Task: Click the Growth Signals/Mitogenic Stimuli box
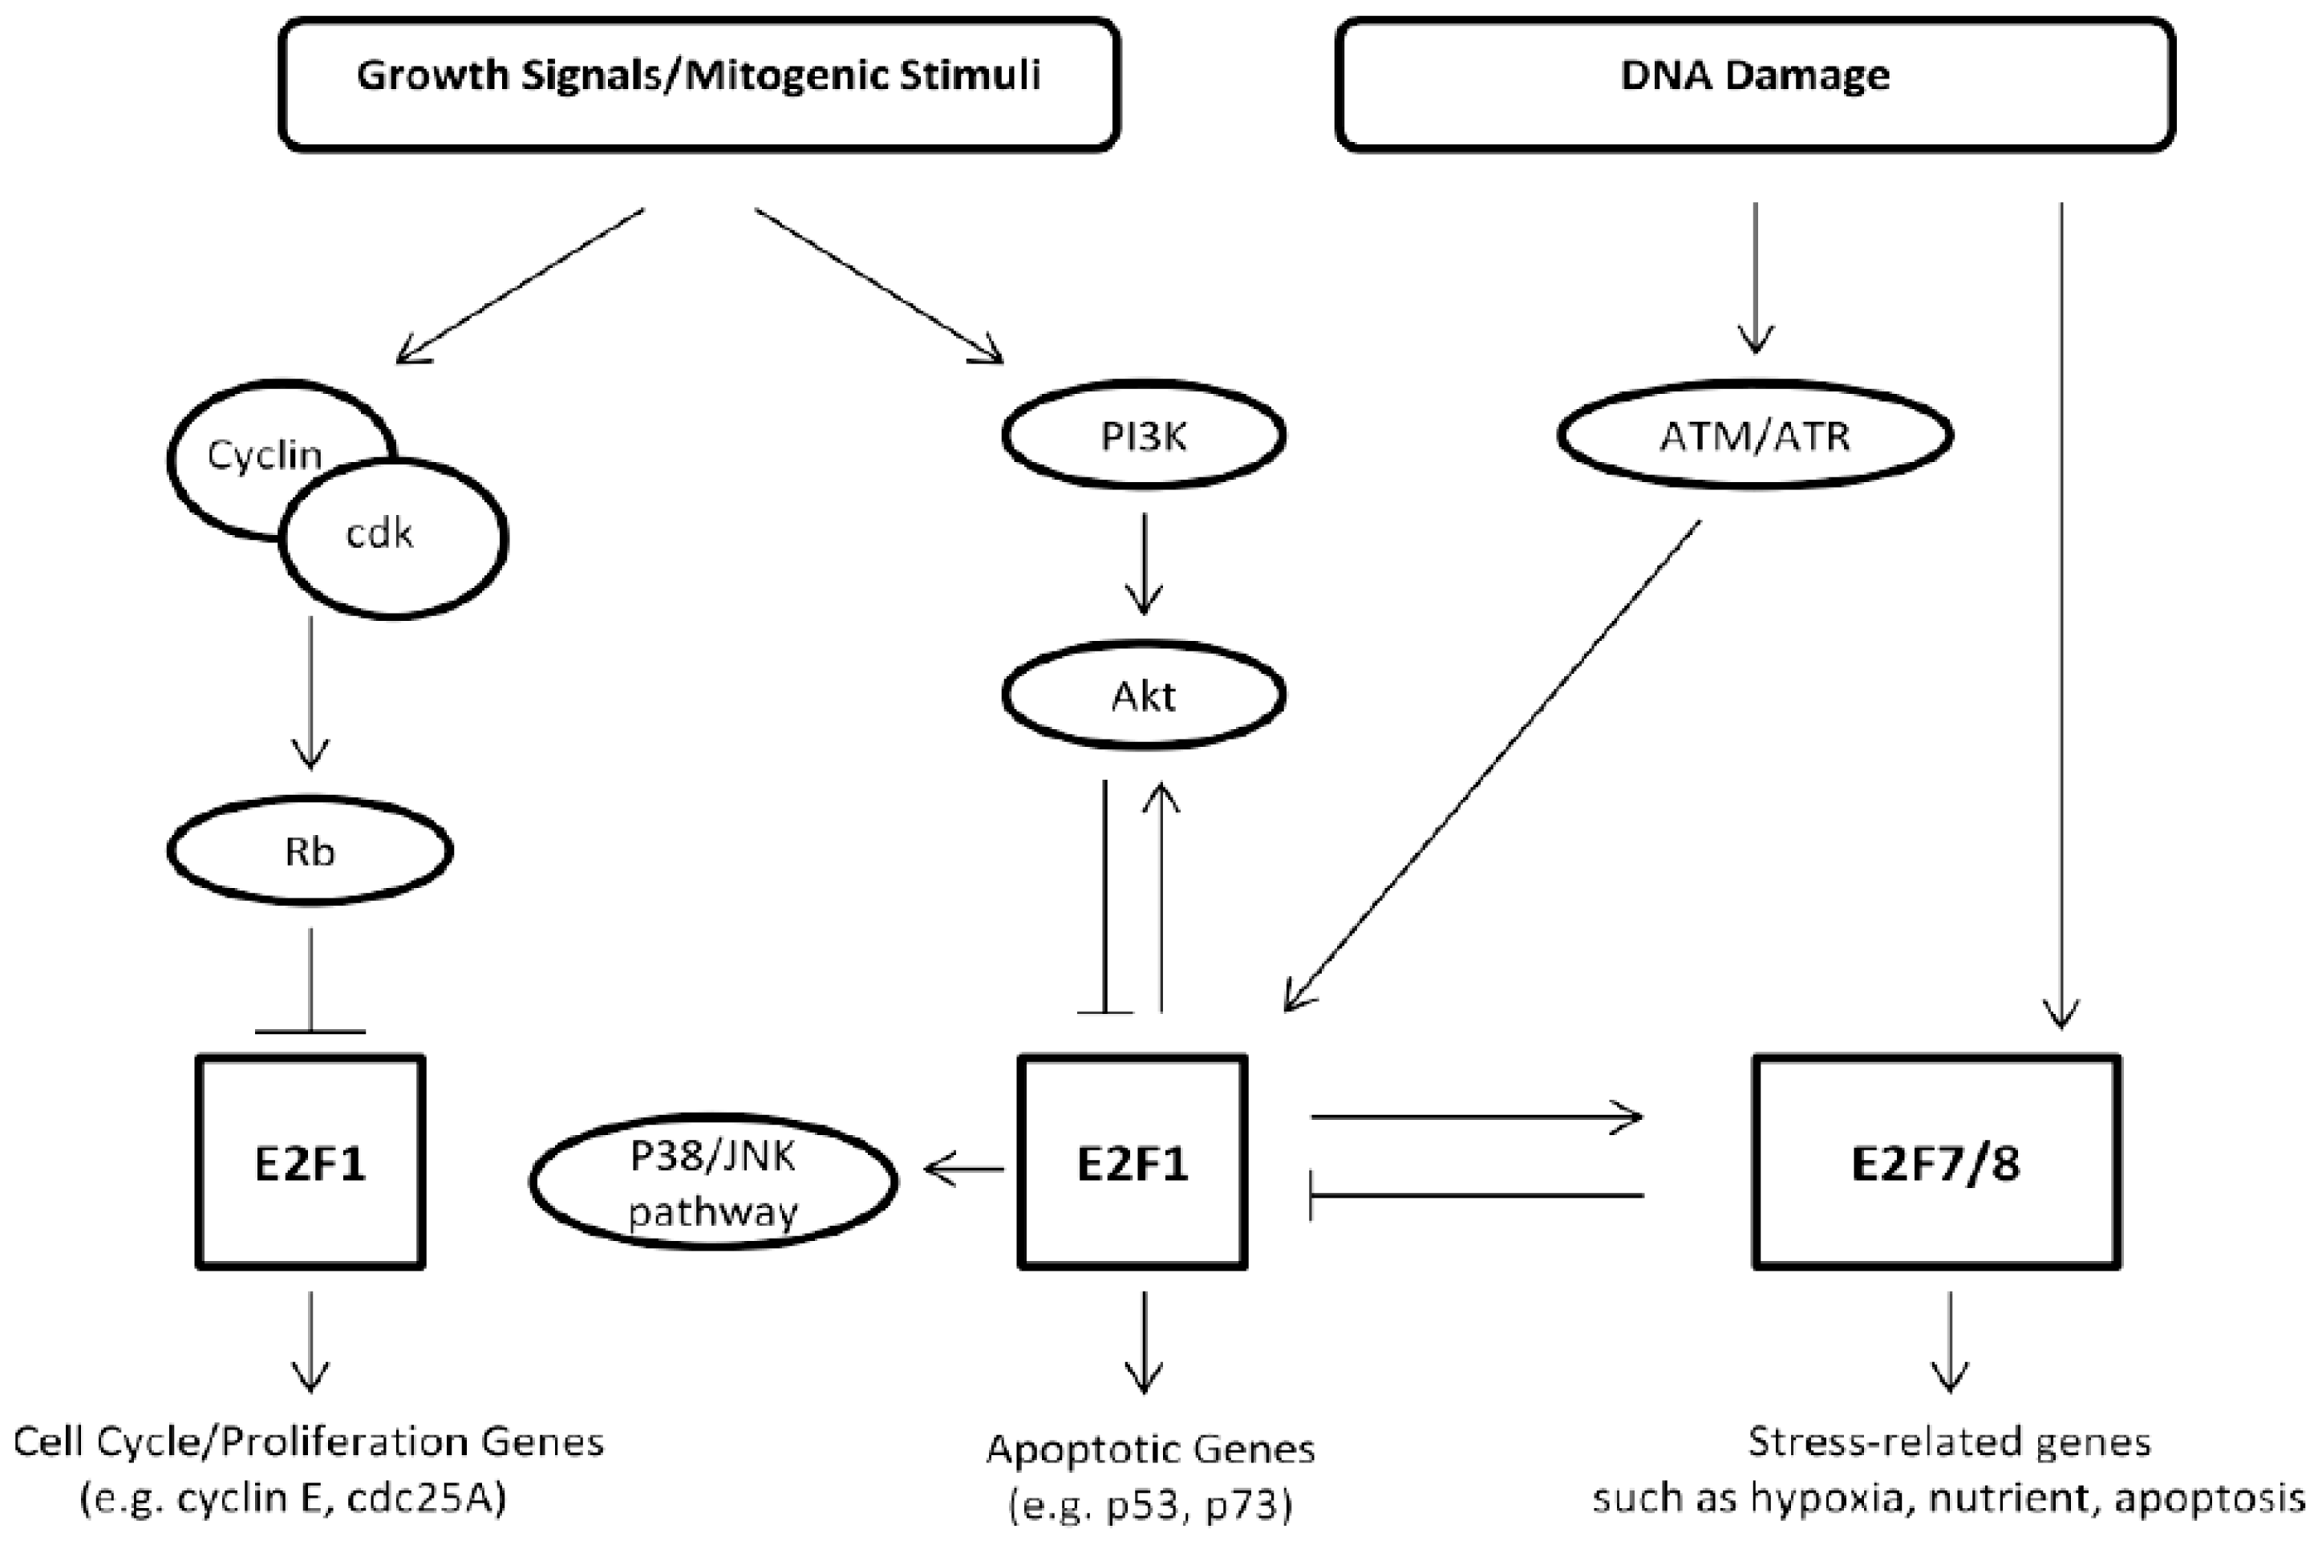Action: tap(699, 83)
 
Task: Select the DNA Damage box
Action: tap(1755, 83)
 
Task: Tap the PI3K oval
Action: tap(1143, 436)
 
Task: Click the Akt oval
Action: tap(1143, 695)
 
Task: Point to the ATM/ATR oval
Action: tap(1755, 436)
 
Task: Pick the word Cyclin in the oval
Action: tap(264, 455)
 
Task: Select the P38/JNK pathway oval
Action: tap(713, 1182)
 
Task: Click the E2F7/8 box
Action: tap(1936, 1162)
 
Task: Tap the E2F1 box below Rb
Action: tap(310, 1162)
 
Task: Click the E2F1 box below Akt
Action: tap(1132, 1162)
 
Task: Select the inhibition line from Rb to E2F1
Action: tap(310, 980)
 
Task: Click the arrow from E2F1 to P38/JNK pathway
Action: tap(963, 1170)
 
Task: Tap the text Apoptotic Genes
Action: tap(1149, 1449)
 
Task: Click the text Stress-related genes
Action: tap(1948, 1442)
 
